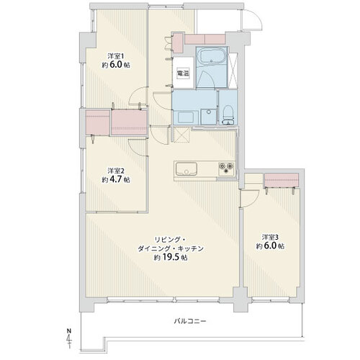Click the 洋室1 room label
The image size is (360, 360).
[116, 56]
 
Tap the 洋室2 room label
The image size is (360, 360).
[116, 171]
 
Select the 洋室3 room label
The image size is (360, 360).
[270, 238]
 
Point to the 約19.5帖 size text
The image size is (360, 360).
[171, 258]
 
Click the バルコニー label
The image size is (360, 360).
[190, 321]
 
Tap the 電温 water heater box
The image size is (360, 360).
[183, 73]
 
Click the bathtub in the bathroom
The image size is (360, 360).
[212, 56]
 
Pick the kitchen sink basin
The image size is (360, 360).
[186, 168]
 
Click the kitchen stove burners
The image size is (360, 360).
[226, 168]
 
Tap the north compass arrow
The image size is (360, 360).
[69, 338]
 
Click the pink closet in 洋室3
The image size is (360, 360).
[282, 179]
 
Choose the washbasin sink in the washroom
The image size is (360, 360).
[186, 117]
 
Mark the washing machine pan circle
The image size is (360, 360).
[208, 112]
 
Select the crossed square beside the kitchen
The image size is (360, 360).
[182, 135]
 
